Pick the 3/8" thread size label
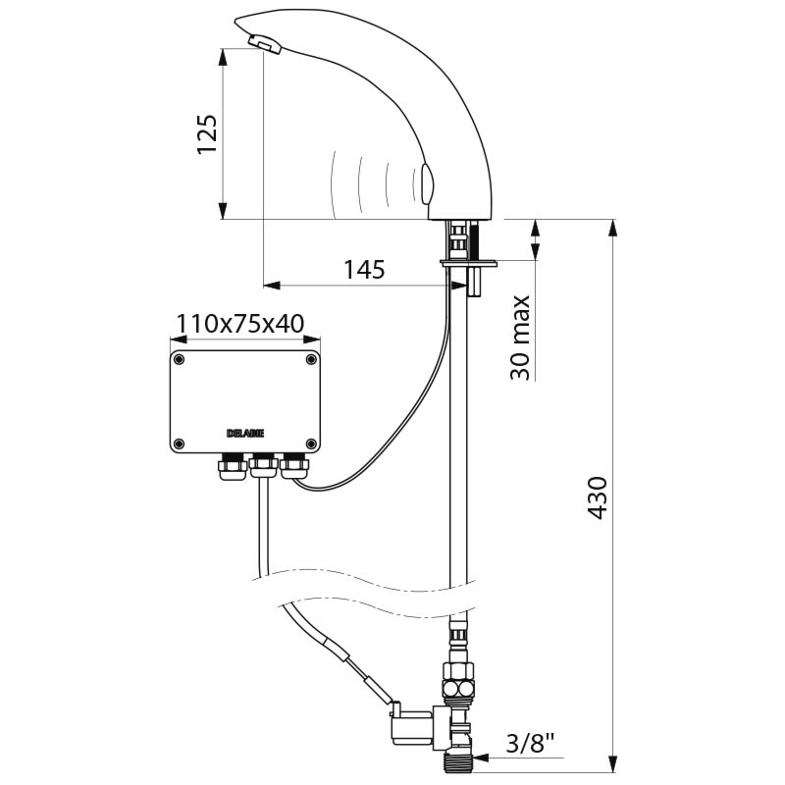(534, 744)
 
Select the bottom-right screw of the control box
(311, 444)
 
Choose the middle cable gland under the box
(263, 465)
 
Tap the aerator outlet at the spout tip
(265, 44)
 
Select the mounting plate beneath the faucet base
(469, 262)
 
